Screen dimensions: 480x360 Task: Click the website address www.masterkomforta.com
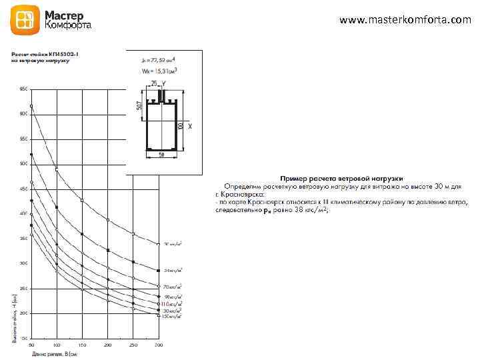pyautogui.click(x=405, y=20)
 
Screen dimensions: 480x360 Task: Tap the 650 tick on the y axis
pyautogui.click(x=24, y=89)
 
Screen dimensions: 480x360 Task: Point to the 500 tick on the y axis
pyautogui.click(x=24, y=164)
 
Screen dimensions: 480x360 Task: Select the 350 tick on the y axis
pyautogui.click(x=24, y=238)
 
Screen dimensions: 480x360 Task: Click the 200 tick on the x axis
pyautogui.click(x=108, y=344)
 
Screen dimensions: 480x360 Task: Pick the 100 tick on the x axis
pyautogui.click(x=57, y=344)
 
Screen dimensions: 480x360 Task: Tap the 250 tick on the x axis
pyautogui.click(x=133, y=344)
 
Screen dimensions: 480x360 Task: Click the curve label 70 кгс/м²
pyautogui.click(x=173, y=287)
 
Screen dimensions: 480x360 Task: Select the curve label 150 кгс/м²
pyautogui.click(x=172, y=317)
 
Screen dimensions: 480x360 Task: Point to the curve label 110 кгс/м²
pyautogui.click(x=172, y=303)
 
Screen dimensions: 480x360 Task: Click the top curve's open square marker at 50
pyautogui.click(x=31, y=106)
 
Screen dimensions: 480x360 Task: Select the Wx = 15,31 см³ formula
pyautogui.click(x=157, y=70)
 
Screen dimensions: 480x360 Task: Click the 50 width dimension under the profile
pyautogui.click(x=161, y=155)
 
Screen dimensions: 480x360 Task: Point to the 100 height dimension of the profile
pyautogui.click(x=179, y=125)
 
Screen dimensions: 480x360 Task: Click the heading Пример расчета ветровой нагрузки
pyautogui.click(x=341, y=179)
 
